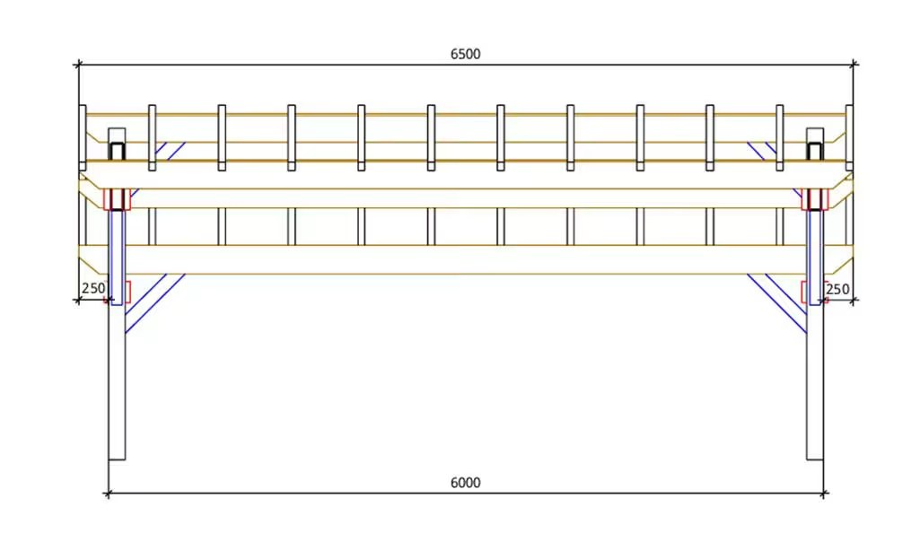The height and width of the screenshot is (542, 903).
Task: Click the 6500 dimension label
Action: [465, 54]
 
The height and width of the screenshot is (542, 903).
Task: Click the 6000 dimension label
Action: [465, 483]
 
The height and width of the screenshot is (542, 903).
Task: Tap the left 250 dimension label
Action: [93, 288]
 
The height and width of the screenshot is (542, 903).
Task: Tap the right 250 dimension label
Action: [837, 289]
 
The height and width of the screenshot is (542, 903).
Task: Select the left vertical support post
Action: [117, 380]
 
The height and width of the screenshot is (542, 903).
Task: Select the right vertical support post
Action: [815, 380]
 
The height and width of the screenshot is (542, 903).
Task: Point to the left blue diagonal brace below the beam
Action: [154, 303]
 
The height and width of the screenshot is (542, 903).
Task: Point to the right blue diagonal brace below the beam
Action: [777, 303]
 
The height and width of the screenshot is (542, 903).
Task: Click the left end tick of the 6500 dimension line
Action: [78, 65]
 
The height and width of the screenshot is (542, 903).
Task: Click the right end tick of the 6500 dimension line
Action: [854, 65]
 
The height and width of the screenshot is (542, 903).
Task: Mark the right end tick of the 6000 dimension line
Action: [823, 494]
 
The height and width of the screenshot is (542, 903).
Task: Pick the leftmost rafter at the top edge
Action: [83, 137]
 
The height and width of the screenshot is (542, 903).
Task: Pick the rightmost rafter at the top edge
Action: [849, 137]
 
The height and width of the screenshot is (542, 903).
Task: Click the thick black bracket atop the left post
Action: [117, 151]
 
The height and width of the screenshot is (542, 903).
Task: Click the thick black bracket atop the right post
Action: [815, 151]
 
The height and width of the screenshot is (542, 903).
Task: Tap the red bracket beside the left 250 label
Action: [127, 292]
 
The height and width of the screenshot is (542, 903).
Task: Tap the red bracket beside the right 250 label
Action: [805, 292]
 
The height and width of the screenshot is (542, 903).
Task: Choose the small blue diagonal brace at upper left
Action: [170, 151]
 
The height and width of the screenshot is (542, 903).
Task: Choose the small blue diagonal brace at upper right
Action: [762, 151]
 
